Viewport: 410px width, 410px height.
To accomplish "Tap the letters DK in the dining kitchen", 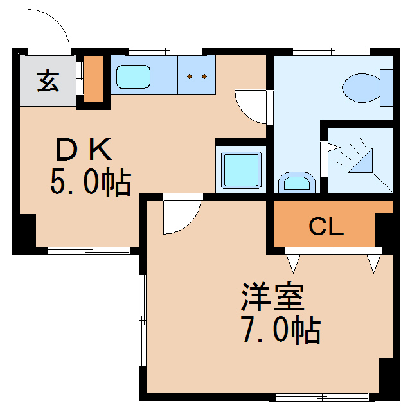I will [x=84, y=150].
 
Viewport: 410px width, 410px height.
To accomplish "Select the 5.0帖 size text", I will [x=91, y=183].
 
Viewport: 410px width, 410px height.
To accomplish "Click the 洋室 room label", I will [x=272, y=296].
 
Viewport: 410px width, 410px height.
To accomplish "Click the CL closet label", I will [x=326, y=227].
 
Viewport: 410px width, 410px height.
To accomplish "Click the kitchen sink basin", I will [x=134, y=77].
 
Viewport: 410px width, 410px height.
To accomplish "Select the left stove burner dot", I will [x=190, y=76].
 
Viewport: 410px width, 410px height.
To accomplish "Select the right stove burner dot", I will [x=204, y=76].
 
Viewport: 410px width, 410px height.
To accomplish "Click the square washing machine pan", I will [x=241, y=169].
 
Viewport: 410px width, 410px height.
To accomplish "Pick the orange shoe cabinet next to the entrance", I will [x=93, y=80].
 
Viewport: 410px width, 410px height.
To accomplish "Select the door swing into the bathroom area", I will [x=252, y=106].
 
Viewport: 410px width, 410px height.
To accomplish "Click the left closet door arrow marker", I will [x=294, y=262].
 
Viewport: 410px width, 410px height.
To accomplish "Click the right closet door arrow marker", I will [x=374, y=262].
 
